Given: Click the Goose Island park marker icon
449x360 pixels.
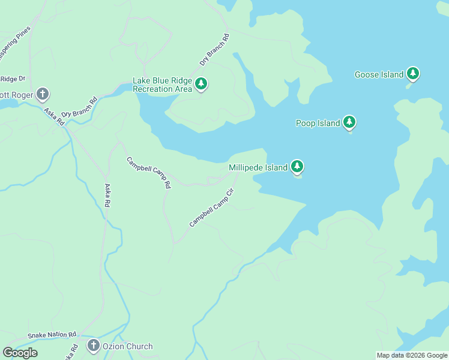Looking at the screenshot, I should pyautogui.click(x=412, y=74).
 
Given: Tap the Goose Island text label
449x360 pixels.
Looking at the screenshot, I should pyautogui.click(x=379, y=75).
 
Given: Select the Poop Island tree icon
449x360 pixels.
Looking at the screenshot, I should pyautogui.click(x=349, y=123).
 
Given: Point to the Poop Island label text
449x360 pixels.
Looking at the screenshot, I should pyautogui.click(x=318, y=124).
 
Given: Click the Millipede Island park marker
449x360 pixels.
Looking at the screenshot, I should pyautogui.click(x=297, y=167).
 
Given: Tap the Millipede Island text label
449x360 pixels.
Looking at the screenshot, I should pyautogui.click(x=258, y=168).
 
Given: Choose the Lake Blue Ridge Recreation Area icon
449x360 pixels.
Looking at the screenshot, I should pyautogui.click(x=202, y=85).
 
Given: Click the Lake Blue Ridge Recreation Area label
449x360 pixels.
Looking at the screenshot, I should pyautogui.click(x=162, y=85).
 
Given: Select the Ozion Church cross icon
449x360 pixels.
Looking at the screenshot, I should pyautogui.click(x=93, y=346).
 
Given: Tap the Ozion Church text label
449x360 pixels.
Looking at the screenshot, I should pyautogui.click(x=127, y=346).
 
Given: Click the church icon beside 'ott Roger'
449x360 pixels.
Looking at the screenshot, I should pyautogui.click(x=42, y=94).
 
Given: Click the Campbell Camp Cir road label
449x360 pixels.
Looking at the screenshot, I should pyautogui.click(x=211, y=208).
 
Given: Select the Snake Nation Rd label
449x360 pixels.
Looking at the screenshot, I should pyautogui.click(x=52, y=335).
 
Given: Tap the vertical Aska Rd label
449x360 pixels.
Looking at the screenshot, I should pyautogui.click(x=107, y=196).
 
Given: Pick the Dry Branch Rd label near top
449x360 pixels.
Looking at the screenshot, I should pyautogui.click(x=215, y=50).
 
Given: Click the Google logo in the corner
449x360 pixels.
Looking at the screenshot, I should pyautogui.click(x=20, y=353).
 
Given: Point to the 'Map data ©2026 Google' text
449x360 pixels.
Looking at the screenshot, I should pyautogui.click(x=412, y=355).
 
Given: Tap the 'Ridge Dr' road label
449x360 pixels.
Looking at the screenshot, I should pyautogui.click(x=13, y=79).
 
